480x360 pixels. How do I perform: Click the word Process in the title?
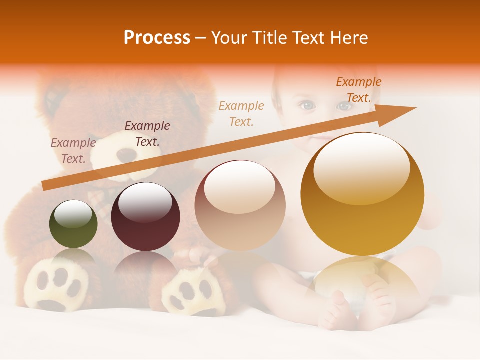[x=157, y=38]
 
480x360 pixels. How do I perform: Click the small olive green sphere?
[x=73, y=224]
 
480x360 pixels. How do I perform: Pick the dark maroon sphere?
[x=145, y=216]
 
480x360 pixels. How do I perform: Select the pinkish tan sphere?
[x=240, y=205]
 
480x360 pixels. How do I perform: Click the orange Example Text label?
[x=358, y=90]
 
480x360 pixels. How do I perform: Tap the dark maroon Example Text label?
[x=147, y=134]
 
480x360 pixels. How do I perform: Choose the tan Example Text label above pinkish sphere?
[x=241, y=113]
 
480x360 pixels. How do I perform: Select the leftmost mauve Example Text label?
[x=73, y=151]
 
